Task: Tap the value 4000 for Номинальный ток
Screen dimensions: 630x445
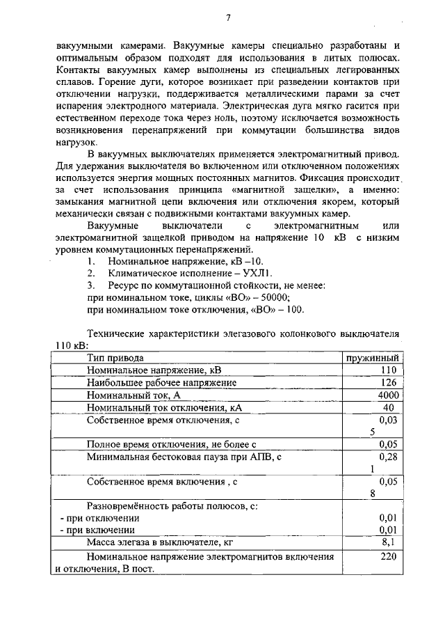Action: click(x=387, y=395)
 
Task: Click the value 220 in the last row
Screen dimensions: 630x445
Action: click(x=388, y=556)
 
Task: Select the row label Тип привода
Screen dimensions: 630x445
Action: click(x=115, y=357)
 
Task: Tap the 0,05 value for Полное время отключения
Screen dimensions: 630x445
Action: click(x=388, y=444)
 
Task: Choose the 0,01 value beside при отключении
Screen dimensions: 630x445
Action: click(x=388, y=518)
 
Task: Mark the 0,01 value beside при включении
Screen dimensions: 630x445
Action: click(x=388, y=530)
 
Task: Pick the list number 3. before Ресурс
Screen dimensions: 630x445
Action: click(x=90, y=285)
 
